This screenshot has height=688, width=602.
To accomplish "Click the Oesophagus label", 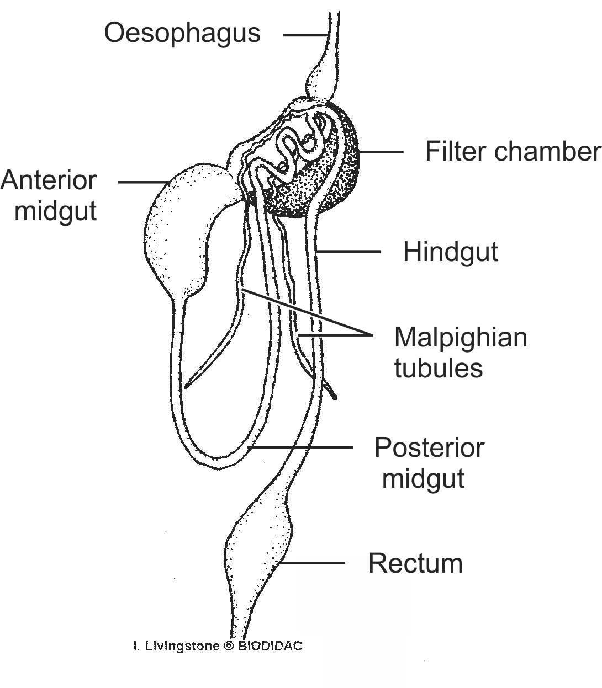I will [182, 33].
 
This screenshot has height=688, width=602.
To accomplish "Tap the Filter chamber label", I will [513, 152].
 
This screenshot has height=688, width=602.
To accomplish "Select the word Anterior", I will [49, 180].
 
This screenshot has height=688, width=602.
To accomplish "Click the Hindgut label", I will [451, 252].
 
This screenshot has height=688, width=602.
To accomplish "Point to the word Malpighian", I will [461, 337].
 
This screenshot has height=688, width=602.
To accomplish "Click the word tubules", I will [439, 367].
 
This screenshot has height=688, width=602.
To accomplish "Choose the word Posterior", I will [429, 447].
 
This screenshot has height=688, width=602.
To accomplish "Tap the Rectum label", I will [415, 563].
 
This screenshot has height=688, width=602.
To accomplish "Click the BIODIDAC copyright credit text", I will [218, 646].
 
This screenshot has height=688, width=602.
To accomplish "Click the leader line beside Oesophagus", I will [305, 35].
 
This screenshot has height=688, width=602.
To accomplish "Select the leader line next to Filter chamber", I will [381, 152].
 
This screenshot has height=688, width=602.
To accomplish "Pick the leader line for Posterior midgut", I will [301, 447].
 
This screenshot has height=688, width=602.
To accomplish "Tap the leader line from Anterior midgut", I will [144, 182].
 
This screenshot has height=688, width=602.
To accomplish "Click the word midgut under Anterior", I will [55, 211].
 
